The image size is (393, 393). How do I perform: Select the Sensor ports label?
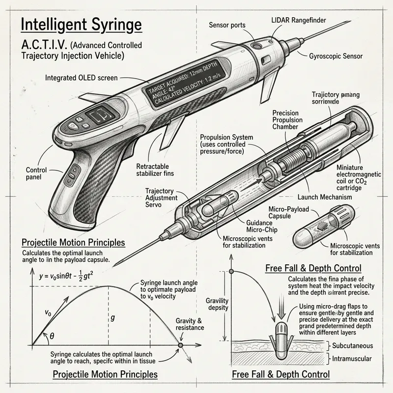point(228,25)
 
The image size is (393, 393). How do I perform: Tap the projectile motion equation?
point(73,276)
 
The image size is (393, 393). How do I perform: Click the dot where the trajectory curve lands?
point(180,345)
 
